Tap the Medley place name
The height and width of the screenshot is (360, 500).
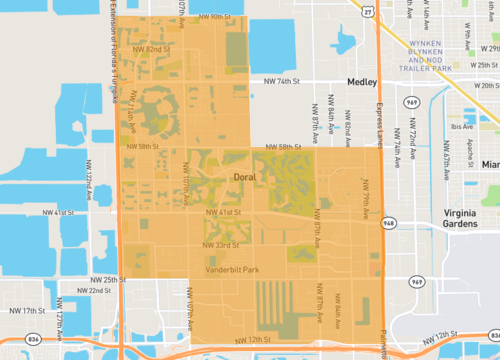(x=360, y=81)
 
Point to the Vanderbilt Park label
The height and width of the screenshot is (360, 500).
(x=232, y=270)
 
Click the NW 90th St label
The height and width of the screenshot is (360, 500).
(x=213, y=17)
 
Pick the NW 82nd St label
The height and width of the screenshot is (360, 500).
(x=151, y=48)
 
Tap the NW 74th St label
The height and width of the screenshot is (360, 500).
(x=282, y=81)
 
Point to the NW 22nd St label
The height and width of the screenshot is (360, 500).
(x=93, y=291)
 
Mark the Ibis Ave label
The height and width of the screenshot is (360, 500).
(x=461, y=127)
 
